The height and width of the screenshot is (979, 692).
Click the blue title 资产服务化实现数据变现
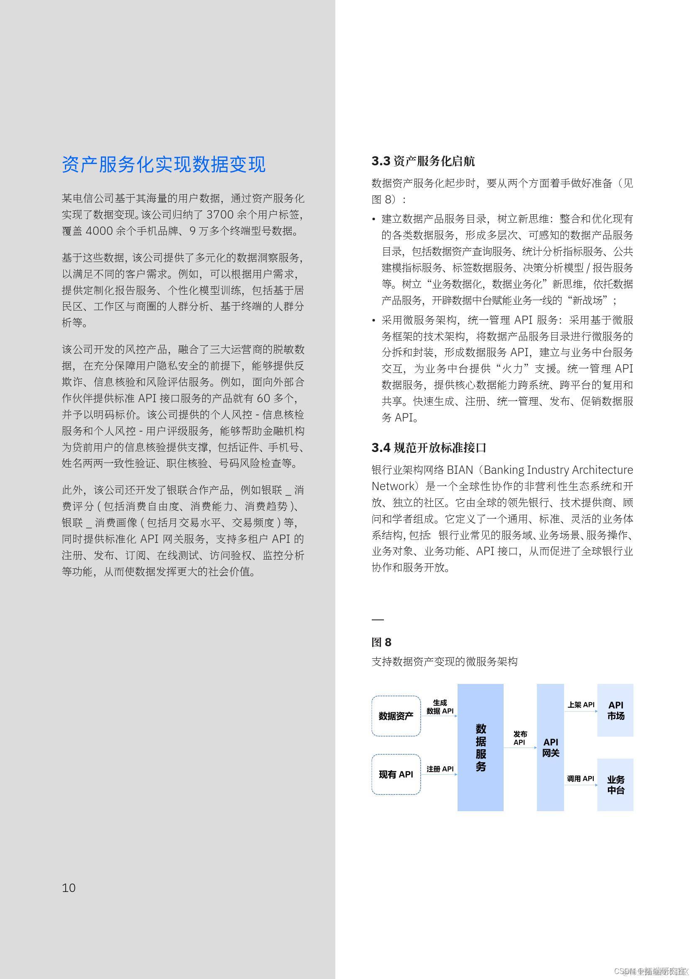click(164, 164)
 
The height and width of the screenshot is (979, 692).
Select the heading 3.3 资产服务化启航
click(423, 161)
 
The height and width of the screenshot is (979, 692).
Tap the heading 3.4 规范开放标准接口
click(429, 448)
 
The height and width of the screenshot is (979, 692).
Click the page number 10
click(69, 888)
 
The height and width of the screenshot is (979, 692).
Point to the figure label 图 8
click(381, 642)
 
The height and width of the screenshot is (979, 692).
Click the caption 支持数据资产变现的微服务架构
click(444, 662)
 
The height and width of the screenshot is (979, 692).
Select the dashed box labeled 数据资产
click(396, 716)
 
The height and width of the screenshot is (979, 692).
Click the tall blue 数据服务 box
click(480, 747)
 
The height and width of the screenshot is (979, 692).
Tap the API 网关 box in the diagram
click(550, 747)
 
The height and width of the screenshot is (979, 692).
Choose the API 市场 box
click(615, 710)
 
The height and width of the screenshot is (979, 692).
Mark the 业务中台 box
click(615, 784)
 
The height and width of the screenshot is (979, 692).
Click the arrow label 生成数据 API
click(440, 707)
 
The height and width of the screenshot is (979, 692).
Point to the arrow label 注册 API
click(440, 769)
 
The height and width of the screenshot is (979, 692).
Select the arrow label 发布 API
click(520, 738)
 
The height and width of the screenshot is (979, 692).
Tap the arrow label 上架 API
click(581, 705)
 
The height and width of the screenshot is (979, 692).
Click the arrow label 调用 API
click(580, 779)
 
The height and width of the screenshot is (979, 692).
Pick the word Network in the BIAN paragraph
click(392, 486)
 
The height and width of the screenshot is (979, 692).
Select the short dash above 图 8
click(378, 619)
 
